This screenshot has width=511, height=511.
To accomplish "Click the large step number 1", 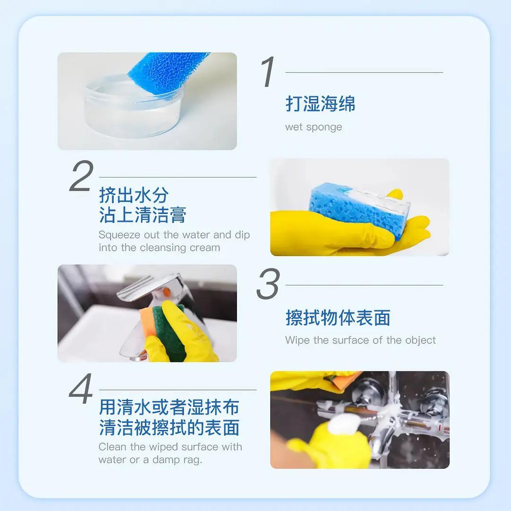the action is [x=268, y=72].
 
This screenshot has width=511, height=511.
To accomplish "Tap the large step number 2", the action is [x=81, y=176].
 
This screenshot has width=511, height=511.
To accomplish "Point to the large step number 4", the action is [x=81, y=388].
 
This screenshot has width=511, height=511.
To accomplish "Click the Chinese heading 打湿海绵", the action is [x=320, y=104].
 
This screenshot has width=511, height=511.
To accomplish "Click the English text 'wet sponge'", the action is [x=314, y=127].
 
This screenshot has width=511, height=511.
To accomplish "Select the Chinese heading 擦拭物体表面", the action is [x=338, y=317].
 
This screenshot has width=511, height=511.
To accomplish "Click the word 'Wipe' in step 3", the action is [x=297, y=340].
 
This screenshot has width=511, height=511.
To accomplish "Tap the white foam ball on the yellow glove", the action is [x=344, y=423].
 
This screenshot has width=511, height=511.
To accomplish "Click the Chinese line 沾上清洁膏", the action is [x=142, y=215].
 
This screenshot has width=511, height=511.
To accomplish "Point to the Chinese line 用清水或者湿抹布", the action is [x=169, y=407].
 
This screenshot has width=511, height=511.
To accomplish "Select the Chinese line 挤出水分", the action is [x=133, y=195].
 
